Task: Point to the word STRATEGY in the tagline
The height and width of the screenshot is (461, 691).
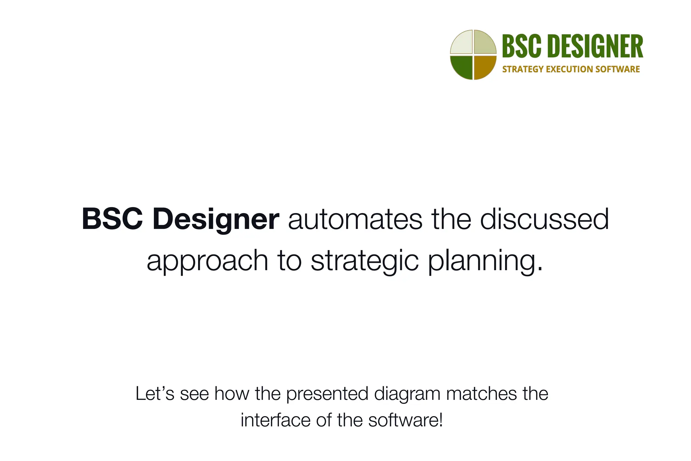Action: tap(523, 69)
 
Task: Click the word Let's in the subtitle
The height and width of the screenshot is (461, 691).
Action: tap(155, 394)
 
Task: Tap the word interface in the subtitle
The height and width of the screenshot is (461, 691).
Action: tap(276, 420)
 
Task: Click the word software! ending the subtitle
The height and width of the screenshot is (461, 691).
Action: tap(405, 420)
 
